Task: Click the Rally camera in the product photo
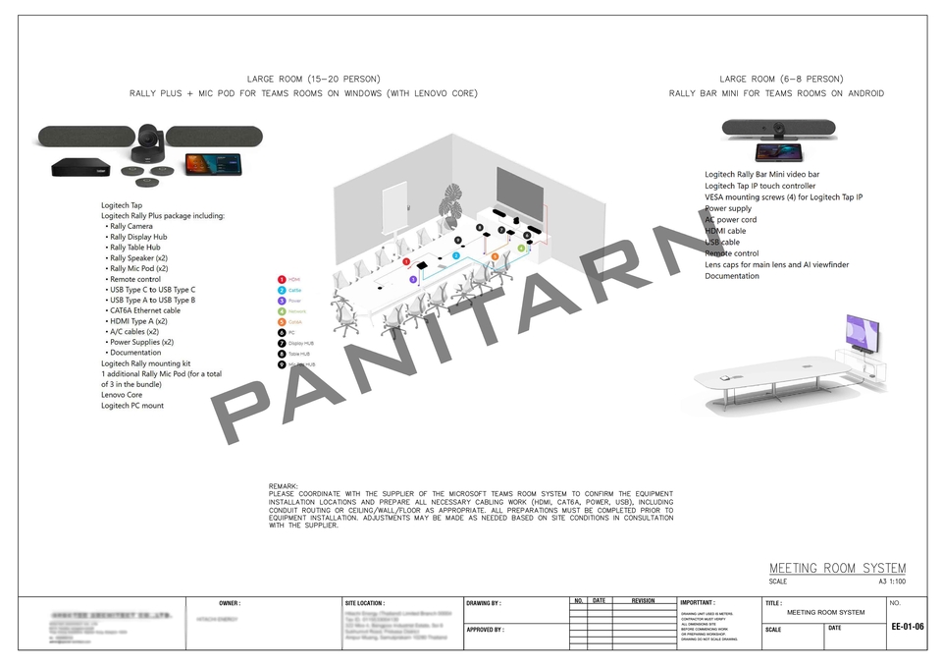point(149,142)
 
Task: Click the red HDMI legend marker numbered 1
point(282,280)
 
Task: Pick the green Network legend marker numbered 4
point(282,311)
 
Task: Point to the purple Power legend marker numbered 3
point(282,301)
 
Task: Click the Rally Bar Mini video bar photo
point(778,128)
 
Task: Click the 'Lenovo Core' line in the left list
point(122,395)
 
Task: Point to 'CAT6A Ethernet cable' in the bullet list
point(145,310)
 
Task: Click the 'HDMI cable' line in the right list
point(725,231)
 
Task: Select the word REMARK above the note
point(284,486)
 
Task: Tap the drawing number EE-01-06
point(907,626)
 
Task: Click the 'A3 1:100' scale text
point(892,582)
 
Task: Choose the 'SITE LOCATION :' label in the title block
point(365,603)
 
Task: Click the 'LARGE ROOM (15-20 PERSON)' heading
point(313,79)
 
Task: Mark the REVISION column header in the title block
point(643,600)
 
